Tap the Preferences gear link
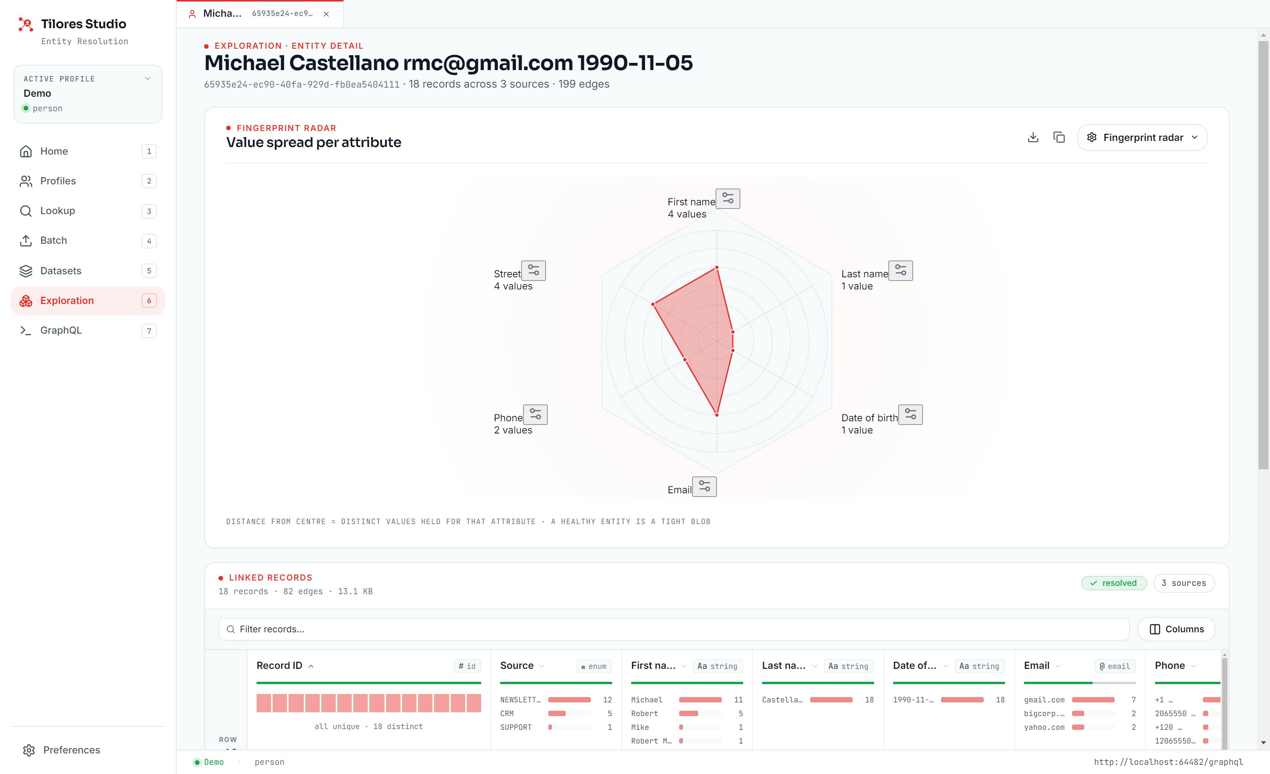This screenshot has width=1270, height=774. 62,750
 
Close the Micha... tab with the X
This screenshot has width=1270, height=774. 326,14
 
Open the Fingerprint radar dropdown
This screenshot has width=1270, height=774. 1142,138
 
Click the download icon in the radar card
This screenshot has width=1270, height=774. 1033,137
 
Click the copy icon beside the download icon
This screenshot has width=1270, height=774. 1059,137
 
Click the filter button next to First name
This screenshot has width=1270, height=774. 728,198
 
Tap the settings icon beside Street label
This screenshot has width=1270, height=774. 533,271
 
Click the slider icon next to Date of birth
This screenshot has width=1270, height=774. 911,414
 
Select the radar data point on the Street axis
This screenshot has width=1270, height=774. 653,304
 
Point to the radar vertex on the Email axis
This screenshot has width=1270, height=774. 717,414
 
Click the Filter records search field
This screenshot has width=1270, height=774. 674,629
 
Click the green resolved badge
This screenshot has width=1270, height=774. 1114,583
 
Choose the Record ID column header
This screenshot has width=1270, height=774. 279,666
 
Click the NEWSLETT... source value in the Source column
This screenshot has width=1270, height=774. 520,700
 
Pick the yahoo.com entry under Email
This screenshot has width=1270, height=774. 1044,727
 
